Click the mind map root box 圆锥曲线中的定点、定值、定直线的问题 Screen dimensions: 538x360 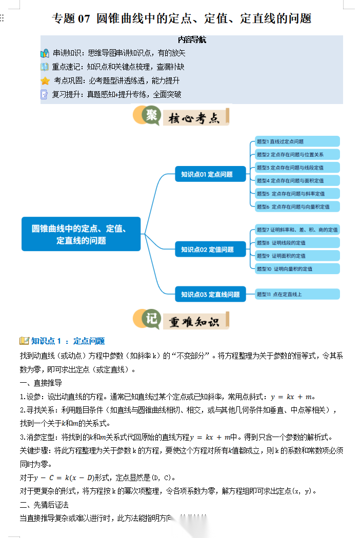81,234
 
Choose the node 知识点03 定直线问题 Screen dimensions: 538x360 210,294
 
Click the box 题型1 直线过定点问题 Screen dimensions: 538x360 297,141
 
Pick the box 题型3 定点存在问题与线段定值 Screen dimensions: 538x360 297,168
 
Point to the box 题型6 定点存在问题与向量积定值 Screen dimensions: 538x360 297,206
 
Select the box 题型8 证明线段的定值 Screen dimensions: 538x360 297,242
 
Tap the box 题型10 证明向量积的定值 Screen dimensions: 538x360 297,268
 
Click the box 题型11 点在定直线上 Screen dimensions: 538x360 297,294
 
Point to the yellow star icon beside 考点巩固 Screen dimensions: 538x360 45,80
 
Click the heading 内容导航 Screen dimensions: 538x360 192,39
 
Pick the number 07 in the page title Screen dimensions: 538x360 84,19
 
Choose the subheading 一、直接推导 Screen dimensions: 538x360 41,383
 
